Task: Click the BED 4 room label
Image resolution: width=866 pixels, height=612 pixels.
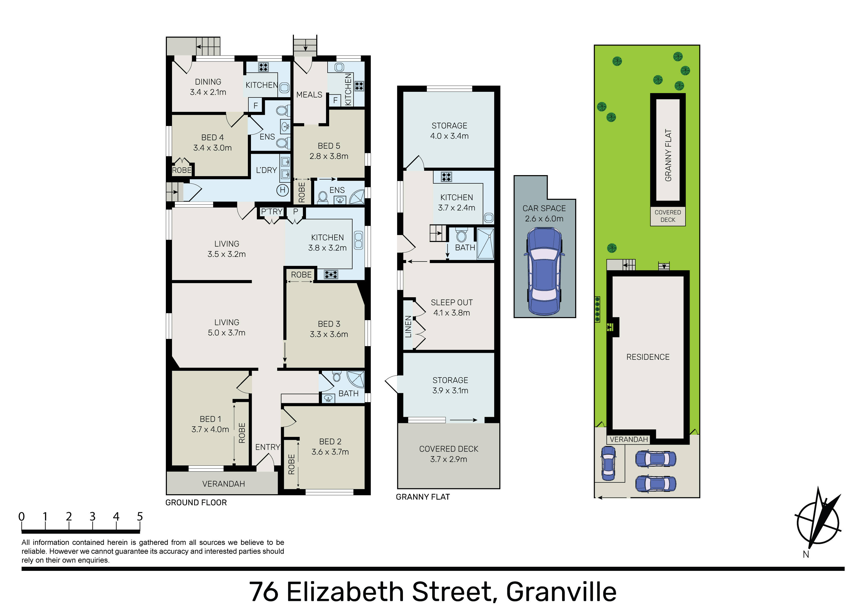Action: (212, 137)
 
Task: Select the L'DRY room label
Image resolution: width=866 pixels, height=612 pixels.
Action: (266, 170)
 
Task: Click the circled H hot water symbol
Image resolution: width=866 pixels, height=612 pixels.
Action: (283, 190)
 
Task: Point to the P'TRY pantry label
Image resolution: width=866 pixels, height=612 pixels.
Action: (272, 212)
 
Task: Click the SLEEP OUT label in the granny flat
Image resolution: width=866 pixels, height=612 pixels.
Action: (452, 303)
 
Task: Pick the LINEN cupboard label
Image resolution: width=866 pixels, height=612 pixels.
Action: (408, 327)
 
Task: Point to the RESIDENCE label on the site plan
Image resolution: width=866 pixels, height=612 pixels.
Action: (648, 357)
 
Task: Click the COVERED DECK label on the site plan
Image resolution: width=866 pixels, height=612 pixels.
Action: (667, 216)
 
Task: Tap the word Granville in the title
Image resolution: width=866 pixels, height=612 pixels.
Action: (561, 592)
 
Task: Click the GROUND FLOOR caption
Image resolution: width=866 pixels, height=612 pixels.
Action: (196, 502)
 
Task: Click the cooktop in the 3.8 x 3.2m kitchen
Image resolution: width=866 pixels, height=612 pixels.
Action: (331, 274)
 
